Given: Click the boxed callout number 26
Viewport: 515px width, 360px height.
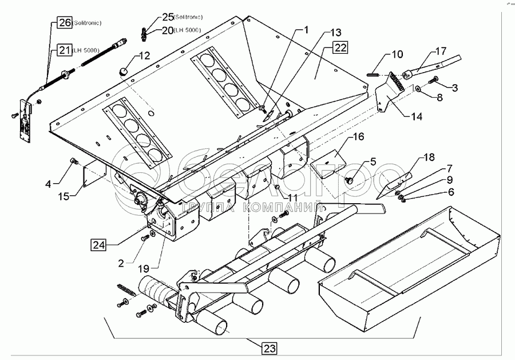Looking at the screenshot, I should [64, 23].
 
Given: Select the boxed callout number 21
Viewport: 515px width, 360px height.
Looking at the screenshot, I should [64, 51].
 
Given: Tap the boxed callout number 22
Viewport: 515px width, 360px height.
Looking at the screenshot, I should [339, 48].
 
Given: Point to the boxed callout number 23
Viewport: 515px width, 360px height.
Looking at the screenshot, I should [270, 347].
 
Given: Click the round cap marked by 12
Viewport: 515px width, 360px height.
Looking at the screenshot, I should [124, 72].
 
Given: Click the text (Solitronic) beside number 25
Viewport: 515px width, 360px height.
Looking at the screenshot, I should [176, 16].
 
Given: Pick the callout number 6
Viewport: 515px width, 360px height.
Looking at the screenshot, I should [451, 192].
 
